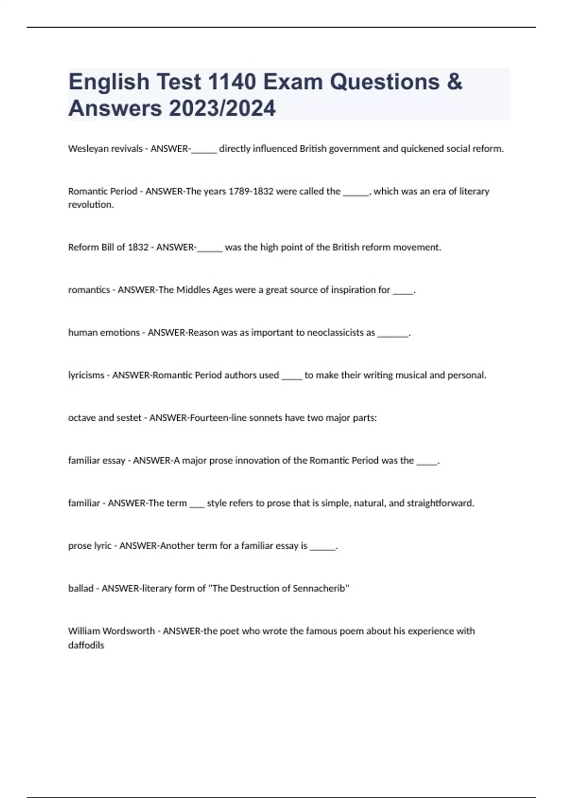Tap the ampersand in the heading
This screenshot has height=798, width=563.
tap(455, 82)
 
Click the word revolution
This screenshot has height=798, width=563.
tap(91, 205)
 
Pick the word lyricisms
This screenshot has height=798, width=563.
tap(86, 376)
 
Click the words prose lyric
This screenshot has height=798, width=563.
tap(90, 546)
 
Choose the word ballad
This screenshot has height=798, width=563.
tap(81, 589)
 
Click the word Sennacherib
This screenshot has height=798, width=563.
tap(319, 589)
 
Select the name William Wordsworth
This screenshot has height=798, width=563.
tap(111, 631)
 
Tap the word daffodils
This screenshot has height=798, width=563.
tap(86, 645)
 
